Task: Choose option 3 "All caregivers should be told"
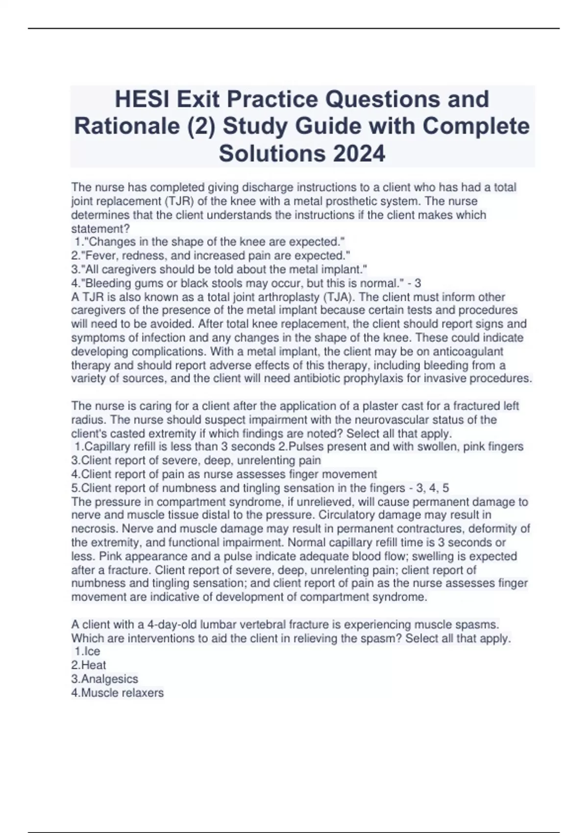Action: pos(219,269)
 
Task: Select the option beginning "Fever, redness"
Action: pos(211,256)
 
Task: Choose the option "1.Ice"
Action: pos(88,652)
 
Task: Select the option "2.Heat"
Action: pos(89,665)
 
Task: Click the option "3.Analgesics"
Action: pos(105,679)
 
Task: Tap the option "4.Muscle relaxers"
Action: pos(118,693)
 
